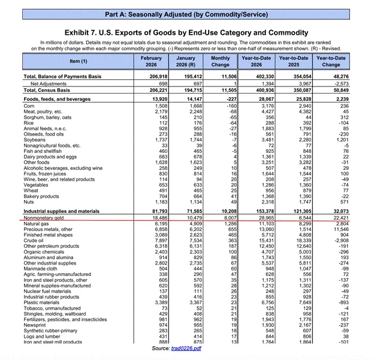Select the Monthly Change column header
[x=220, y=61]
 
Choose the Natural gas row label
[x=36, y=223]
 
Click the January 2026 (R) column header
[x=185, y=61]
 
